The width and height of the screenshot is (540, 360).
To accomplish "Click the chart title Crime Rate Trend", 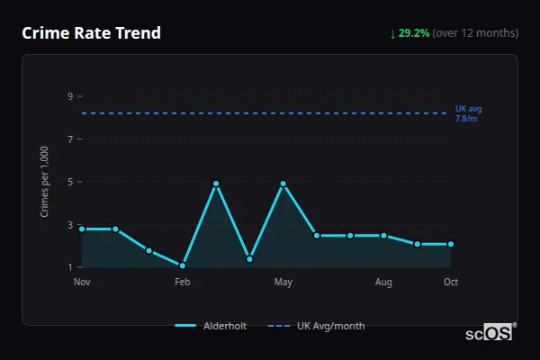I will pyautogui.click(x=91, y=33).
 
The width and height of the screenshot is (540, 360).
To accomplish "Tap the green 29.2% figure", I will pyautogui.click(x=414, y=33).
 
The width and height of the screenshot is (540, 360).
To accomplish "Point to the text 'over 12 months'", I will pyautogui.click(x=476, y=33).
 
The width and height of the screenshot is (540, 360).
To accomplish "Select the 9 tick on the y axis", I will pyautogui.click(x=69, y=96).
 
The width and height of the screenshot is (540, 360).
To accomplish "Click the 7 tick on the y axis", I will pyautogui.click(x=69, y=139).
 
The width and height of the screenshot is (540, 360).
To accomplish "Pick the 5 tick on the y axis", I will pyautogui.click(x=69, y=182).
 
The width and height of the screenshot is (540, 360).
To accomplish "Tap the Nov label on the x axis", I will pyautogui.click(x=82, y=282).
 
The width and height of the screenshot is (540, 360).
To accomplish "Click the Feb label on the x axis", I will pyautogui.click(x=183, y=282).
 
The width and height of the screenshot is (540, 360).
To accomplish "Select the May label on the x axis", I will pyautogui.click(x=283, y=282).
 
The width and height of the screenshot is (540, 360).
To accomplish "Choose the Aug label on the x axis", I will pyautogui.click(x=383, y=282).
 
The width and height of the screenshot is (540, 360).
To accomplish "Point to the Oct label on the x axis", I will pyautogui.click(x=451, y=282).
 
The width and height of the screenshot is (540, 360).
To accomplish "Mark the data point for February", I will pyautogui.click(x=183, y=265).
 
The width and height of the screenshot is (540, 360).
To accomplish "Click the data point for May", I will pyautogui.click(x=283, y=184).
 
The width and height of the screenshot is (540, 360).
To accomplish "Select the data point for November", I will pyautogui.click(x=82, y=229).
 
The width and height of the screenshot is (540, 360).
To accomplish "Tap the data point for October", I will pyautogui.click(x=451, y=244).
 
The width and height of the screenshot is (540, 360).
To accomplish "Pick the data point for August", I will pyautogui.click(x=383, y=236).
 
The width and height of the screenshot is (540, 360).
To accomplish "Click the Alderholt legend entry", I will pyautogui.click(x=211, y=326).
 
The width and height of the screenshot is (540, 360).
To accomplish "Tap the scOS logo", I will pyautogui.click(x=490, y=332).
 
